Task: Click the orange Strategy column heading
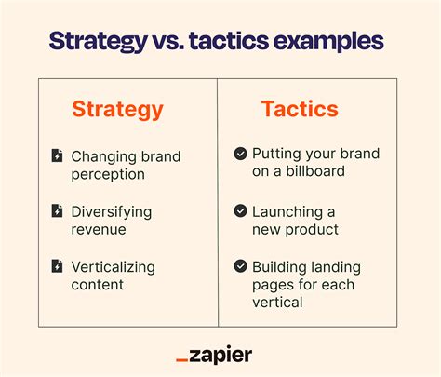(x=117, y=110)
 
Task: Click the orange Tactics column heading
(x=300, y=110)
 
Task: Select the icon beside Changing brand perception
(x=58, y=155)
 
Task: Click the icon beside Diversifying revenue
(x=58, y=211)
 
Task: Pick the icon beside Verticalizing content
(x=58, y=267)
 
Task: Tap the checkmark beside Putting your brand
(x=240, y=154)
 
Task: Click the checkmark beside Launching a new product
(x=240, y=211)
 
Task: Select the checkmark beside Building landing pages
(x=240, y=265)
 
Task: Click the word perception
(x=108, y=173)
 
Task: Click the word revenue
(x=100, y=229)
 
